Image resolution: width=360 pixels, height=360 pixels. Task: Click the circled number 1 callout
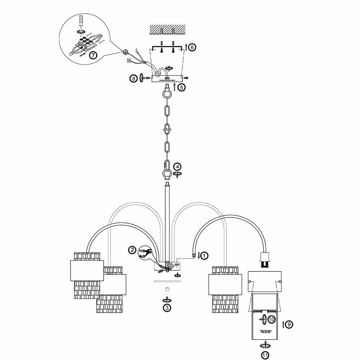tap(204, 256)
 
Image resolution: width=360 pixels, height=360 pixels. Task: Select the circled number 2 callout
tap(133, 249)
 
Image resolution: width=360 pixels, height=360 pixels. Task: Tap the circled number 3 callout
tap(166, 307)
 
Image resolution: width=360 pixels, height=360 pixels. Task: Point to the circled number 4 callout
tap(177, 167)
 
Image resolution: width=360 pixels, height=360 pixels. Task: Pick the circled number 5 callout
tap(181, 87)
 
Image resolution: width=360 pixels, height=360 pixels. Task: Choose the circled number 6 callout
tap(192, 47)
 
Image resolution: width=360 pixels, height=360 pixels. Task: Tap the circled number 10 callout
tap(271, 319)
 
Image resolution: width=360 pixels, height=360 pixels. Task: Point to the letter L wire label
tap(137, 50)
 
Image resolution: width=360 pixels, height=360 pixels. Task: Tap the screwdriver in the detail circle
tap(82, 22)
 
